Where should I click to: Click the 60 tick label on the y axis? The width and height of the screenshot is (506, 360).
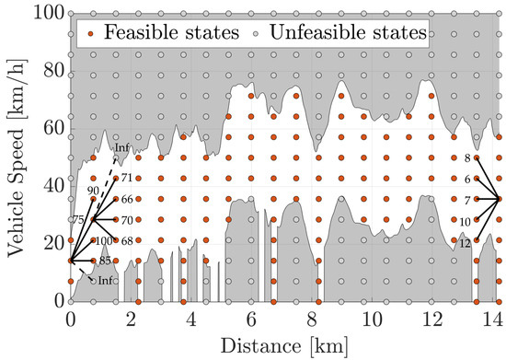(x=49, y=128)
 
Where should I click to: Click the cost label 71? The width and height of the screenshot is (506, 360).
(x=128, y=178)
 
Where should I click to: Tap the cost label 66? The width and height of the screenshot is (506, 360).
(x=128, y=199)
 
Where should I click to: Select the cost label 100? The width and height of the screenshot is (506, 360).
(x=103, y=241)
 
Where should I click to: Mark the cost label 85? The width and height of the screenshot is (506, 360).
(x=106, y=261)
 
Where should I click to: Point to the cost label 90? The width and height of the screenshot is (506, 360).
(x=92, y=191)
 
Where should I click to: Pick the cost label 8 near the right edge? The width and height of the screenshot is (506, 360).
(x=467, y=158)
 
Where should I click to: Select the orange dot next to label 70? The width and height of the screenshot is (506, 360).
(x=116, y=219)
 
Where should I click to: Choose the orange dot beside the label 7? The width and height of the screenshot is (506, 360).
(x=476, y=199)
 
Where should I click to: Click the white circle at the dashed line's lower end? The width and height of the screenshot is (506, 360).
(x=93, y=280)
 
